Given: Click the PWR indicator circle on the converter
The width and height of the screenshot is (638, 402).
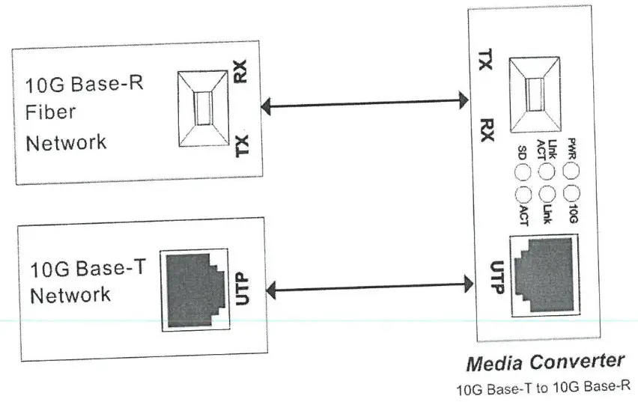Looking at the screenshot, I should click(572, 171).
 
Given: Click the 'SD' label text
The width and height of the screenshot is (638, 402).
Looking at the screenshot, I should click(523, 153).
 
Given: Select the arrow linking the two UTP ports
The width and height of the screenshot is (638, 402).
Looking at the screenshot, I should click(364, 284).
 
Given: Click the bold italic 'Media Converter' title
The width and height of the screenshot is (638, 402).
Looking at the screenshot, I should click(544, 363).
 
